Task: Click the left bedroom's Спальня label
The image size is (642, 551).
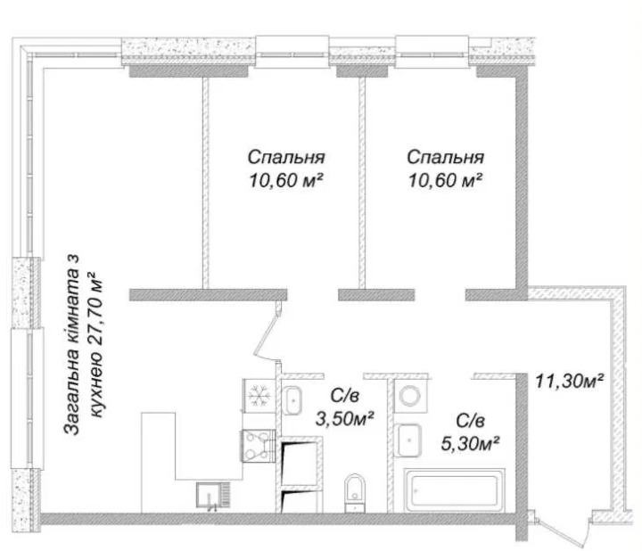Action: coord(286,158)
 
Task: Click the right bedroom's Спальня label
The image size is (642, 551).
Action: coord(446,158)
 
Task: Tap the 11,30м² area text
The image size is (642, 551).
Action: coord(570,381)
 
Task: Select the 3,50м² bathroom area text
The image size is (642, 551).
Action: coord(344,418)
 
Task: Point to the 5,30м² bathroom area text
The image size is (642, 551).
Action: coord(471,443)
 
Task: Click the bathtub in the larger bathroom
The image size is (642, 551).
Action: coord(455,490)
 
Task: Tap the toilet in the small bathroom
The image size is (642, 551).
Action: coord(354,493)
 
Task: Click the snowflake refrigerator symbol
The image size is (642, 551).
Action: coord(259,396)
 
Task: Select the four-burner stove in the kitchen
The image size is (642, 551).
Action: coord(259,446)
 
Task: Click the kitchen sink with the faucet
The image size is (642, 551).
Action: coord(213,496)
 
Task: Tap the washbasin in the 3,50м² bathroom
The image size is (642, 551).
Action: coord(292,400)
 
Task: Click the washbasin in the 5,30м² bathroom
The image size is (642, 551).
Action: coord(408,440)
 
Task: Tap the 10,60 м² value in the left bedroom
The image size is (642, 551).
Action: coord(284,180)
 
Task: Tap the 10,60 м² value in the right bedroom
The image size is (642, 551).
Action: coord(444,180)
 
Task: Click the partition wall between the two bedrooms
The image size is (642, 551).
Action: coord(362,183)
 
